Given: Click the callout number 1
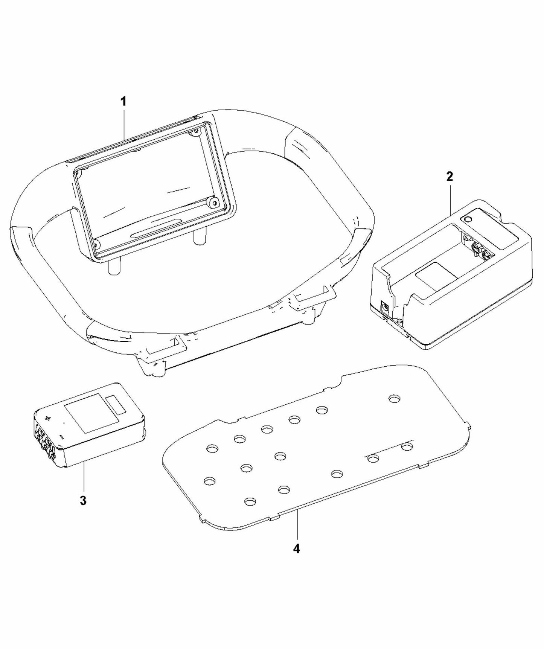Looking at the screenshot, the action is click(123, 102).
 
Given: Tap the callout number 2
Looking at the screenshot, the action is click(450, 177).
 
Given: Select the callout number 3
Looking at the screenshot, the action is click(83, 500).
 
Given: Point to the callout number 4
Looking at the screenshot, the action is click(297, 548).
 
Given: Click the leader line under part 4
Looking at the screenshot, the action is click(297, 525).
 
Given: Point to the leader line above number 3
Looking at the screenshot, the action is click(84, 478).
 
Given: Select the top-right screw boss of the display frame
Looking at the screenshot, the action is click(195, 133).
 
